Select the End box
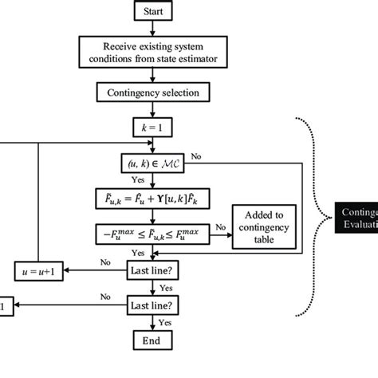tap(151, 341)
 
